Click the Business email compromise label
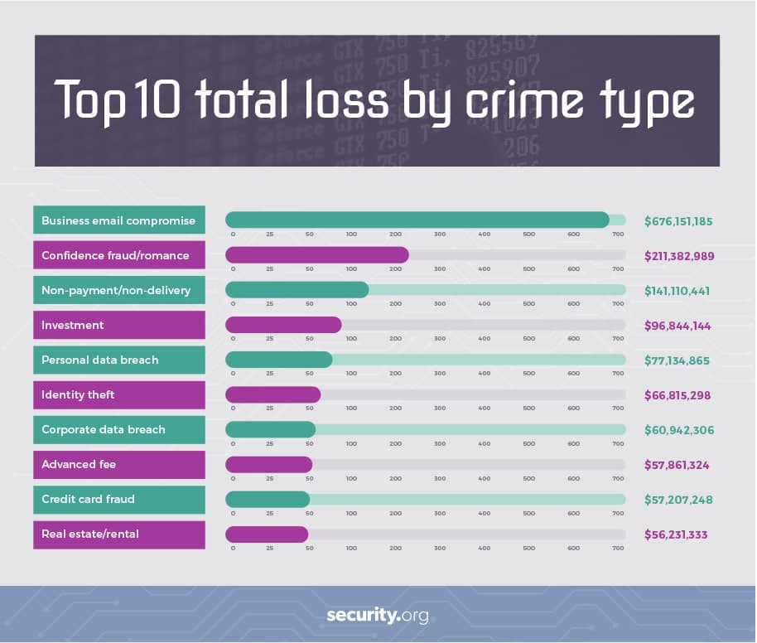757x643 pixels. pos(119,220)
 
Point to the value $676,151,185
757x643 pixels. pos(678,221)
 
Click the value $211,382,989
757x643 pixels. pos(678,256)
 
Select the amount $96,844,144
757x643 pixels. pos(677,326)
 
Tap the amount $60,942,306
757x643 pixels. pos(678,430)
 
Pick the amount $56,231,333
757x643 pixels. pos(676,534)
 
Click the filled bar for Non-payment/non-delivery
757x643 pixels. pos(297,289)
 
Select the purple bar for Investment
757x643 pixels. pos(283,324)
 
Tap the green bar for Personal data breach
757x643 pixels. pos(278,359)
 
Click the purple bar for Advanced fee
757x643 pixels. pos(268,463)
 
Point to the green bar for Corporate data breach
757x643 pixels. pos(270,428)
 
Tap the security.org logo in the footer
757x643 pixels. pos(378,616)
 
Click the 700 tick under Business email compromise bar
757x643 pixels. pos(618,234)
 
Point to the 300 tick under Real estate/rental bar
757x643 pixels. pos(440,548)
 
